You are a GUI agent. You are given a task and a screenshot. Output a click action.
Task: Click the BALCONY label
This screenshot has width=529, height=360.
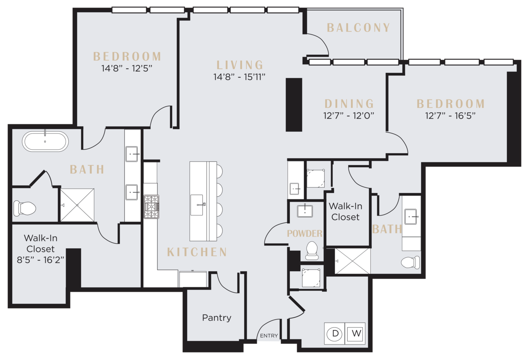358,28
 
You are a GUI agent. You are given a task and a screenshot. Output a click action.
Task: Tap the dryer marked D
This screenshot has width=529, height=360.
335,333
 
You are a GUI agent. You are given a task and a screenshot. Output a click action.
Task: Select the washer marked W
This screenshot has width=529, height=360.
355,333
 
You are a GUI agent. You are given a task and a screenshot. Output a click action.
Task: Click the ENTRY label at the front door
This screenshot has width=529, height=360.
269,336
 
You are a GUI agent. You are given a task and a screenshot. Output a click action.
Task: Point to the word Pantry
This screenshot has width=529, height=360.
217,318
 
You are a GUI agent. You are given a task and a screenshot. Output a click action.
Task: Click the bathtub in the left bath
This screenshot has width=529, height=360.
46,141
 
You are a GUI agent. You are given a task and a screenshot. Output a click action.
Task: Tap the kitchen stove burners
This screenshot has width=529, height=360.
151,207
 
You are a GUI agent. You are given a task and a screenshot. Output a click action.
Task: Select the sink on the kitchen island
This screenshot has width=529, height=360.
197,205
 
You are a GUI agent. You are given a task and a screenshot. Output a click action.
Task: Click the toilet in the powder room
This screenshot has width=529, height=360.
312,251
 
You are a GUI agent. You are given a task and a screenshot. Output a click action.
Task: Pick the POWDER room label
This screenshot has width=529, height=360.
304,233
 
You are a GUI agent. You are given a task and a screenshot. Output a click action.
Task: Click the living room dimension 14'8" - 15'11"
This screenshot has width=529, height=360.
240,77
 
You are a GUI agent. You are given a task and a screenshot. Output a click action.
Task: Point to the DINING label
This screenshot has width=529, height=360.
349,104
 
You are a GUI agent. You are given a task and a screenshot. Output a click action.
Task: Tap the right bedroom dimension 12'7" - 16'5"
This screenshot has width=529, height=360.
450,116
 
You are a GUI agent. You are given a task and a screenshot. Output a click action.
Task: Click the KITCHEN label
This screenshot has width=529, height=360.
197,252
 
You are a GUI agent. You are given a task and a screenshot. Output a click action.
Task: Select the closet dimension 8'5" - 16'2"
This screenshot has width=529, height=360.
41,260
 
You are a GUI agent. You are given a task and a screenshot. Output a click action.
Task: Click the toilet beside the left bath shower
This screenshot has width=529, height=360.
25,209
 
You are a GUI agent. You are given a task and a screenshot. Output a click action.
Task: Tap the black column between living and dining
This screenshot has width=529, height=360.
294,105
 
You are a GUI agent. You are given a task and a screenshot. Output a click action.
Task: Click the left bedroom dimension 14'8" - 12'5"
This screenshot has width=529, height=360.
127,69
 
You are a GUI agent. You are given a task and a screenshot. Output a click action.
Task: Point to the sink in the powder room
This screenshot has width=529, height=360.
305,211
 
